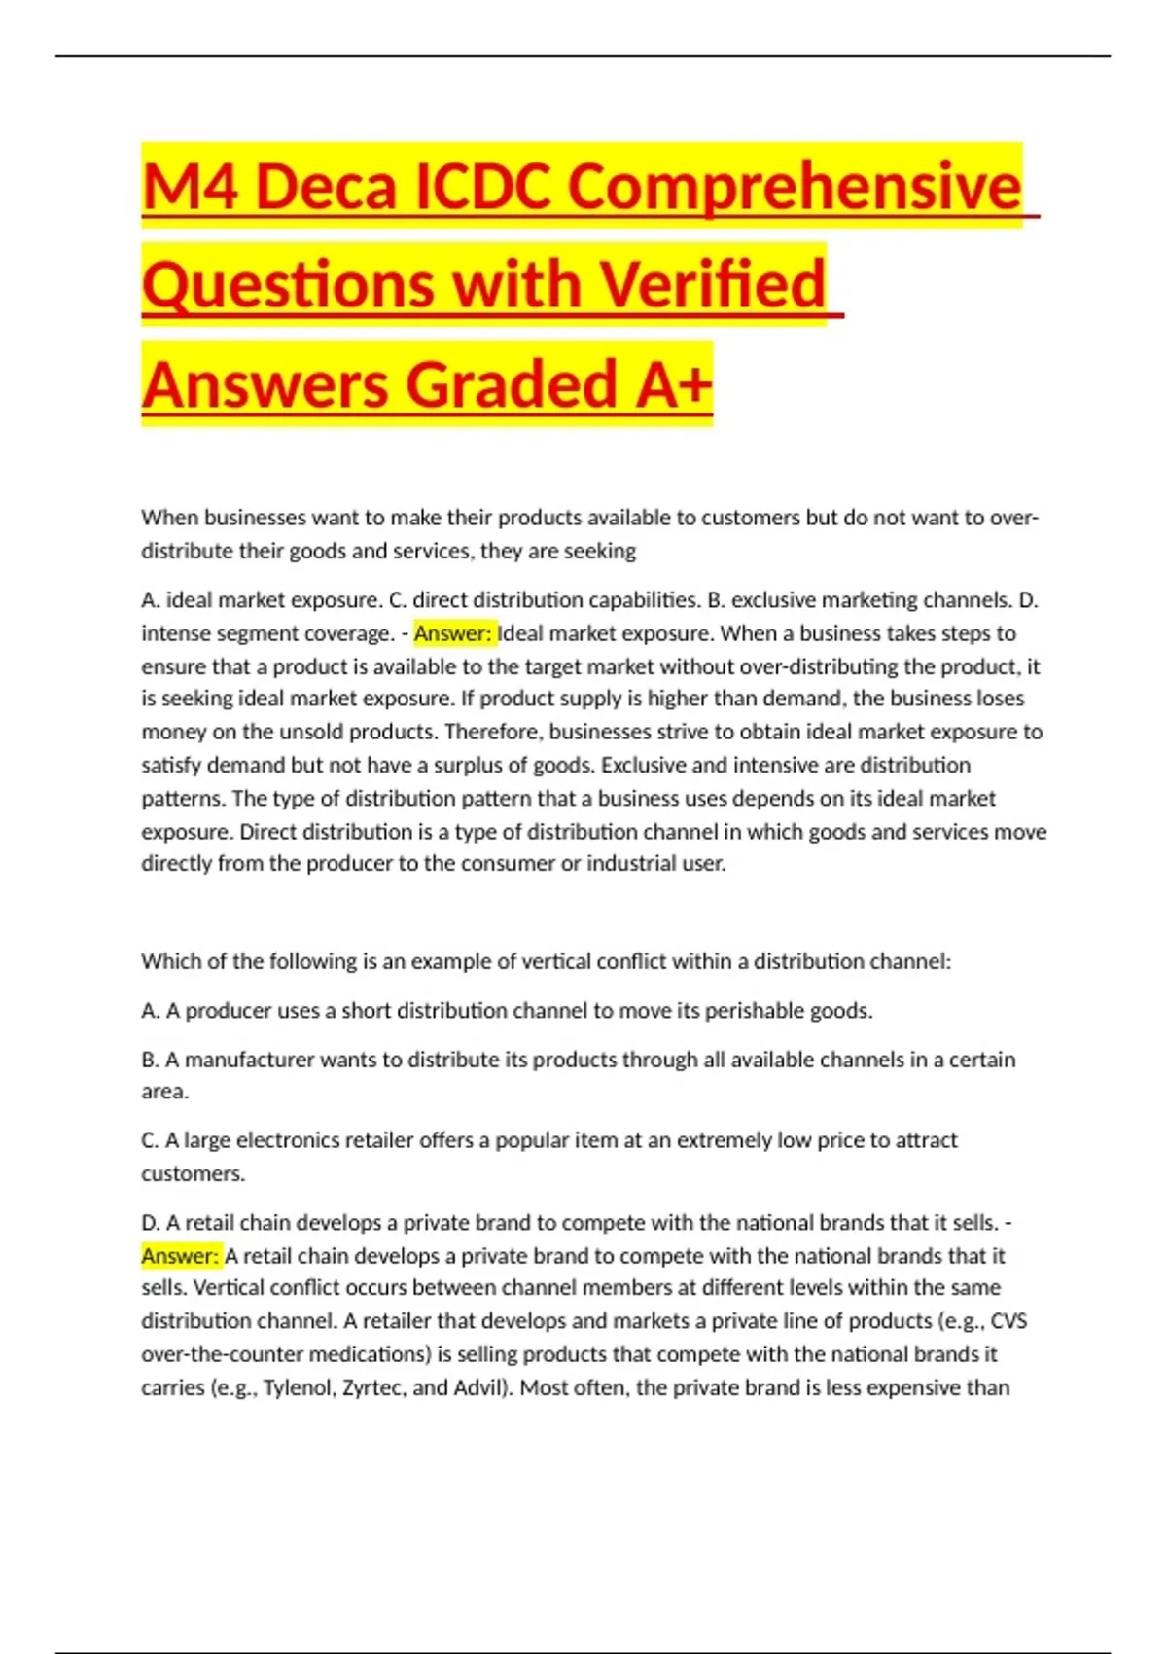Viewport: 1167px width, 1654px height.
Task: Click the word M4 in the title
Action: pyautogui.click(x=189, y=186)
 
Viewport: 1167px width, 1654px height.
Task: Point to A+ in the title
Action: pyautogui.click(x=673, y=384)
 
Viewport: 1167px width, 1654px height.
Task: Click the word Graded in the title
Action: pyautogui.click(x=511, y=384)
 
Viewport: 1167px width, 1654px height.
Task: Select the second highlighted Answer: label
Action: pyautogui.click(x=181, y=1256)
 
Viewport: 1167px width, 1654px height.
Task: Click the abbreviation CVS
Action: pyautogui.click(x=1008, y=1321)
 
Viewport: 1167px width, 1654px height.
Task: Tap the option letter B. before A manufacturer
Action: pyautogui.click(x=151, y=1060)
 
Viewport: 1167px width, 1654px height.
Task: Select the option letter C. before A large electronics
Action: pyautogui.click(x=151, y=1140)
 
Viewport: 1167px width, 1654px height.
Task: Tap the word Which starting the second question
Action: pyautogui.click(x=168, y=961)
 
